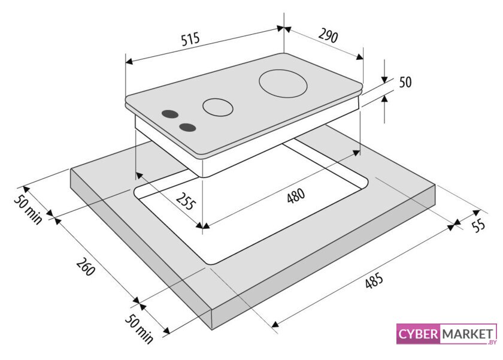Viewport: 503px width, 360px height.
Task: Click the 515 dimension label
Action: point(190,39)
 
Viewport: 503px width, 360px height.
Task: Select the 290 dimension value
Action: point(328,35)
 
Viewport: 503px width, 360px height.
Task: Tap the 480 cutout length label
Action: point(296,196)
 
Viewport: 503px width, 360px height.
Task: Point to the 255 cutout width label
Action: point(186,201)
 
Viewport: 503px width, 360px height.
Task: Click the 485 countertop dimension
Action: point(374,280)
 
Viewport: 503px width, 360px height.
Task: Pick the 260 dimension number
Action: point(86,267)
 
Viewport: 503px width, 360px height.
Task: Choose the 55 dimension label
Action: point(478,226)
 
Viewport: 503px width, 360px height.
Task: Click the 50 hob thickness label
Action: point(405,82)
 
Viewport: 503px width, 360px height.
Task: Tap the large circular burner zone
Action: point(283,84)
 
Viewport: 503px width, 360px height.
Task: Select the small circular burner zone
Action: point(217,107)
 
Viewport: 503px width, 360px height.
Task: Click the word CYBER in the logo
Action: point(419,334)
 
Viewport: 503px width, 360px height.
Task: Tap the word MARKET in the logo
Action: point(468,334)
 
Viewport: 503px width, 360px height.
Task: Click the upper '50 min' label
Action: point(28,209)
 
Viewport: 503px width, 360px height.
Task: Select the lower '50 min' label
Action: point(139,329)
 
